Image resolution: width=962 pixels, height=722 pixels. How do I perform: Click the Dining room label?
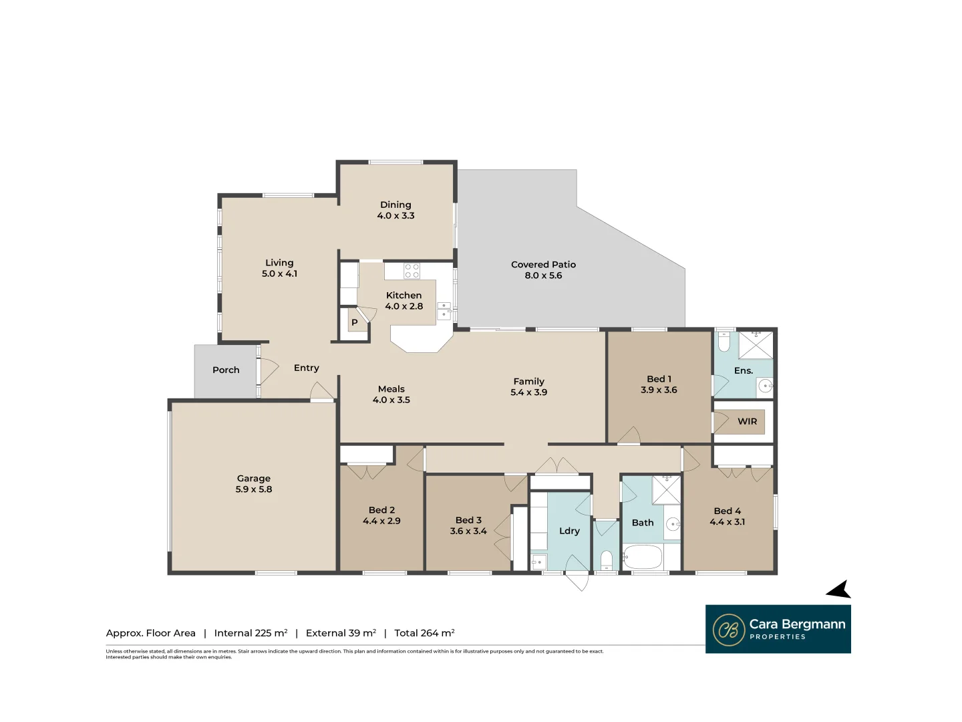tap(395, 205)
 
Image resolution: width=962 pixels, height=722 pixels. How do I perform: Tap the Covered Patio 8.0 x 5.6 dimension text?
tap(543, 275)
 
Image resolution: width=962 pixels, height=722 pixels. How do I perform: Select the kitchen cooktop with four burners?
tap(412, 271)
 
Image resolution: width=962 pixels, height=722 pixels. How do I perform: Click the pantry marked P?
tap(354, 322)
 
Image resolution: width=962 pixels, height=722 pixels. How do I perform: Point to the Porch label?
tap(226, 370)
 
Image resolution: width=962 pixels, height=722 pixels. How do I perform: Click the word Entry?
tap(306, 368)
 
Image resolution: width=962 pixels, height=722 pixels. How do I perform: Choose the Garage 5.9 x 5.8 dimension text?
tap(254, 489)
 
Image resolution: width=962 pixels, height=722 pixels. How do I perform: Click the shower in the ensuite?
tap(756, 345)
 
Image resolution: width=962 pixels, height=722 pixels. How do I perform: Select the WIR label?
tap(747, 421)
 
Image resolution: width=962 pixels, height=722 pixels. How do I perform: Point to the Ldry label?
tap(569, 531)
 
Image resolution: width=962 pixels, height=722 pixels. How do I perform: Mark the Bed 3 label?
tap(468, 520)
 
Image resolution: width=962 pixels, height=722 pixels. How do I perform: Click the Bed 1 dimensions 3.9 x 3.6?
tap(659, 390)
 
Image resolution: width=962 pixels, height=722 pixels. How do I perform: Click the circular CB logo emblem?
tap(729, 630)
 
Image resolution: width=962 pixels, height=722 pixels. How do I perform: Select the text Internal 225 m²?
tap(251, 633)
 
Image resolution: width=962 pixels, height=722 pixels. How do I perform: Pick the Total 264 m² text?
tap(424, 633)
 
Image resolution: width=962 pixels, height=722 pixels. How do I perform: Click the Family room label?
tap(528, 381)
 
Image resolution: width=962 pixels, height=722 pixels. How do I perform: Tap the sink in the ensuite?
tap(765, 386)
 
